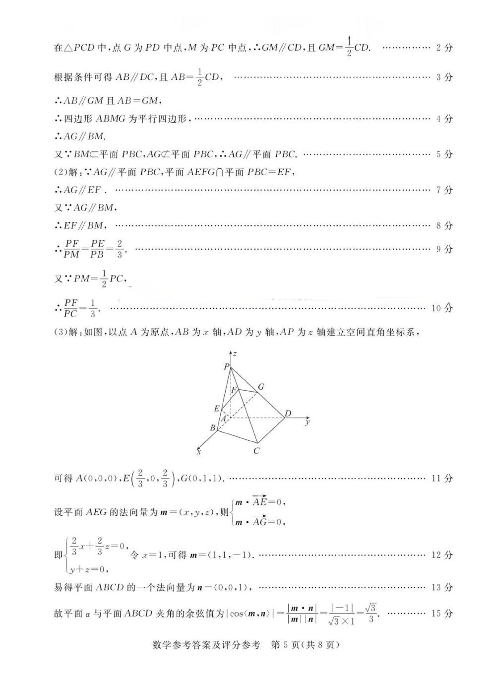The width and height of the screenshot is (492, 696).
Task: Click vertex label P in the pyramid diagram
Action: (x=226, y=367)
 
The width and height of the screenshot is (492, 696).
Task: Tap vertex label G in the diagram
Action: (x=261, y=387)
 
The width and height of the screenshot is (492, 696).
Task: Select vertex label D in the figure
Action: (x=288, y=414)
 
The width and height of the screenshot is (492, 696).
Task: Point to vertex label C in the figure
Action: (x=256, y=451)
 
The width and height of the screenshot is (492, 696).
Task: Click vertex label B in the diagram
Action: (x=213, y=427)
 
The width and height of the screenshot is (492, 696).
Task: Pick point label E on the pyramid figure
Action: (x=217, y=409)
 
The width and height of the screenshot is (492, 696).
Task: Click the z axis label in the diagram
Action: (x=235, y=353)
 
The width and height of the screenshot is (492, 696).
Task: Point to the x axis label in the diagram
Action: (x=198, y=451)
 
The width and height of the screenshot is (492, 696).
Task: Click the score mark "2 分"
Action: (x=444, y=48)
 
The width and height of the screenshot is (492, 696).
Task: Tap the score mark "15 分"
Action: (x=442, y=613)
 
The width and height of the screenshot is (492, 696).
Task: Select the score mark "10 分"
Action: (x=442, y=308)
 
